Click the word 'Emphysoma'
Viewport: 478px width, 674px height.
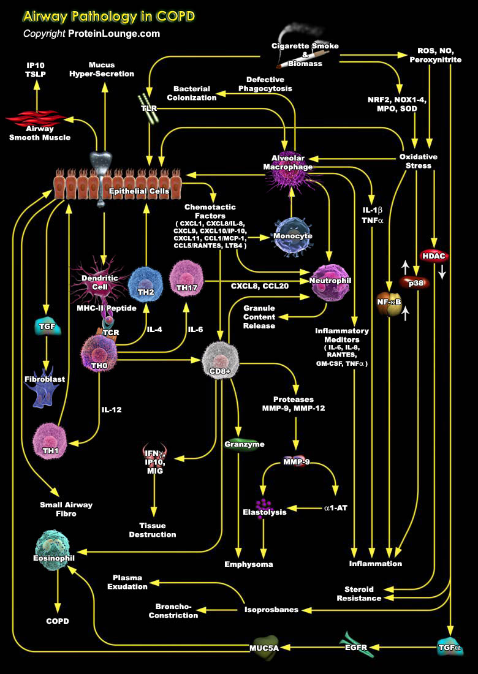[x=248, y=564]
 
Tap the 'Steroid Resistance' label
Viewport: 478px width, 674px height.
[x=358, y=593]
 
